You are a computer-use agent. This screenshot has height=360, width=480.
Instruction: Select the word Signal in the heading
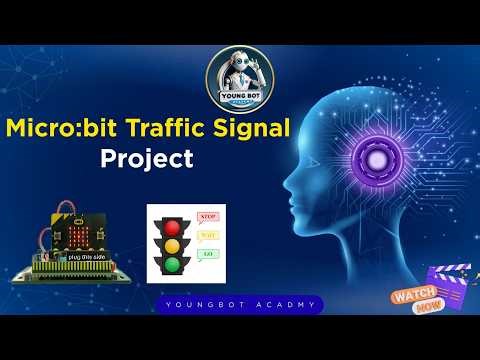point(255,129)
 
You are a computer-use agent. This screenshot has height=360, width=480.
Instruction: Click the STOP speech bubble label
point(209,216)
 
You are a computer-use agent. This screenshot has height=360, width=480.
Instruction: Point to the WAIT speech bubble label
point(209,237)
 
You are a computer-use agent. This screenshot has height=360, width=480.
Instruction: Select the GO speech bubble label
point(209,256)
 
